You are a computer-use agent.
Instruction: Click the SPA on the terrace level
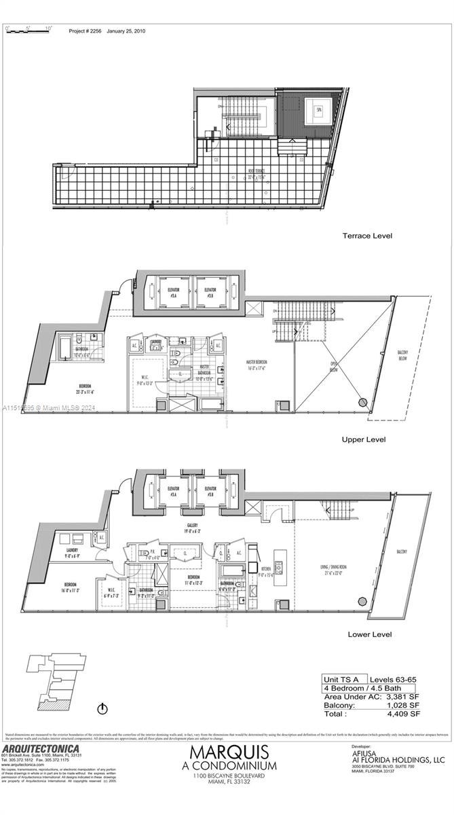point(316,109)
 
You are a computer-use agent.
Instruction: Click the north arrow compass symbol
point(102,709)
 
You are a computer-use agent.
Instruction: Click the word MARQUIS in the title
point(229,753)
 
